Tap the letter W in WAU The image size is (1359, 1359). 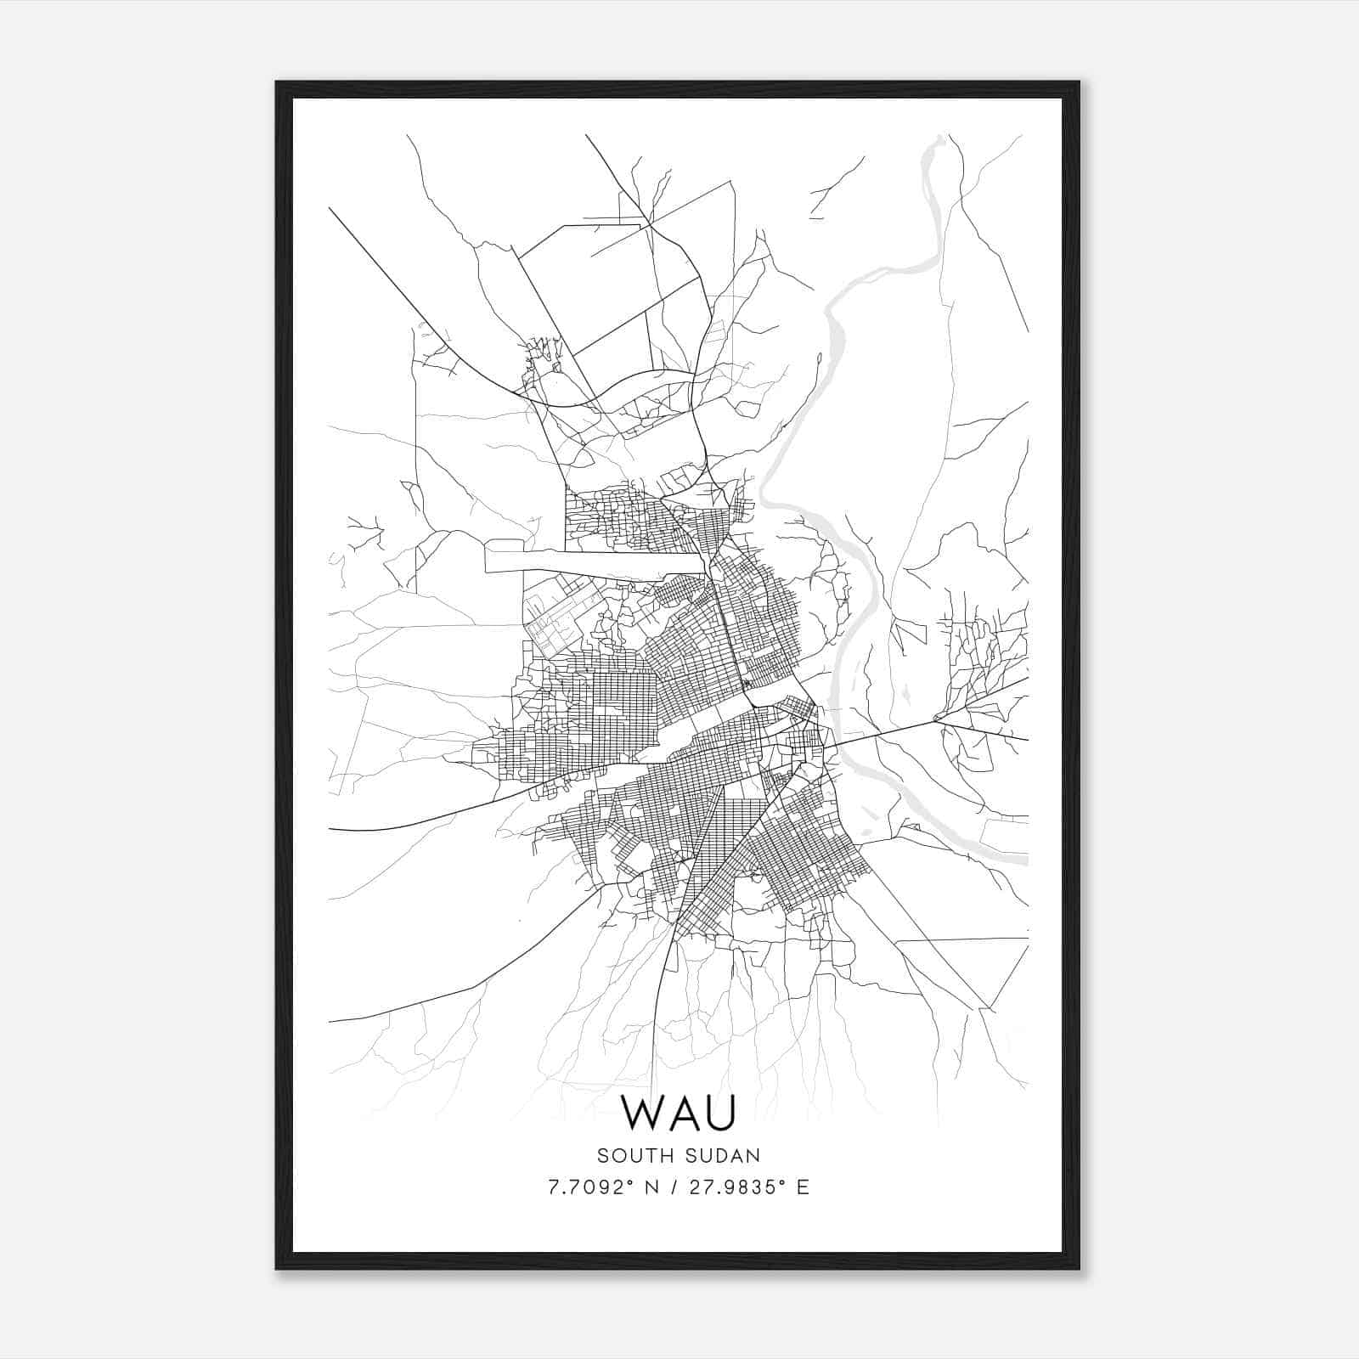click(643, 1113)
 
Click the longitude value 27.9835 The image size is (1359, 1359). click(730, 1188)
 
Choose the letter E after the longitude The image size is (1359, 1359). click(803, 1188)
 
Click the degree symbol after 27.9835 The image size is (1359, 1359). click(783, 1182)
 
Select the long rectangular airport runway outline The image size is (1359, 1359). click(595, 562)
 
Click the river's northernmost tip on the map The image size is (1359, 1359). click(939, 138)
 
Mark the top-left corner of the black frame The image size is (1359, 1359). click(277, 82)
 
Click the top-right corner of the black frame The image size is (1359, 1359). click(1079, 82)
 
